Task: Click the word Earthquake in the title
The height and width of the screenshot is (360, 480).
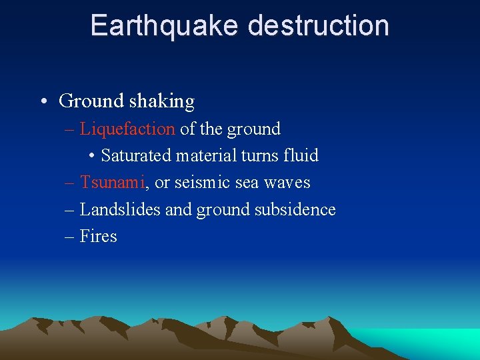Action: [x=165, y=26]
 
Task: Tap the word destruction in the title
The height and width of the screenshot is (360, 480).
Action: [x=318, y=26]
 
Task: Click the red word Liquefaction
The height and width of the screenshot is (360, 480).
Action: [x=127, y=129]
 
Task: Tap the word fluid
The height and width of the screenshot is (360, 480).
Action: [x=301, y=156]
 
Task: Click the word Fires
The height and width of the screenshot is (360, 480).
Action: [x=99, y=236]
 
